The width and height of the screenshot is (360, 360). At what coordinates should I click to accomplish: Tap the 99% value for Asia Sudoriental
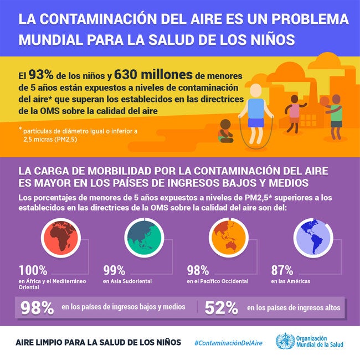[x=115, y=271]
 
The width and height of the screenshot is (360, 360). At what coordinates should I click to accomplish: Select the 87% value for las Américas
[x=282, y=271]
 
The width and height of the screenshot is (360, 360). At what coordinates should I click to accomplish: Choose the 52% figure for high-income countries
[x=220, y=308]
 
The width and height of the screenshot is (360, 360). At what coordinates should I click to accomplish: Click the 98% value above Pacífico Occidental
[x=198, y=271]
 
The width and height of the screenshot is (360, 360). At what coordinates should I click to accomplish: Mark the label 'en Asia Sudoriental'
[x=127, y=282]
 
